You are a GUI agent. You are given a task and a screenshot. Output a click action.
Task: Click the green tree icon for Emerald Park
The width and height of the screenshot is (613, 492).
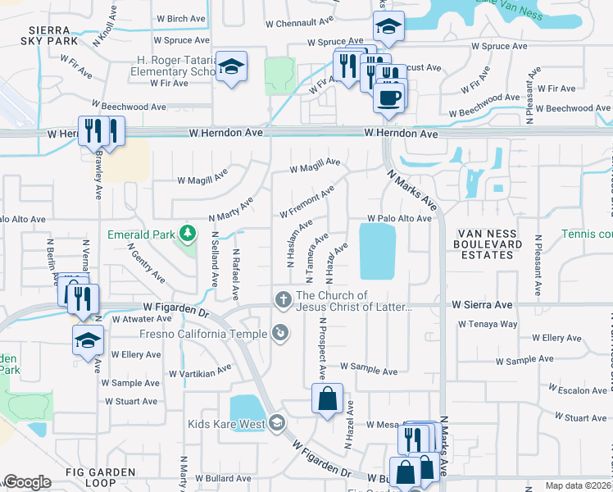(188, 235)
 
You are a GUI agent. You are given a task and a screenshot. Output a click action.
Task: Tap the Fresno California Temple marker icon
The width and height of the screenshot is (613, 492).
(281, 333)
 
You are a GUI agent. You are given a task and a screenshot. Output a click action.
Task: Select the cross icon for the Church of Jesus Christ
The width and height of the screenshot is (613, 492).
(283, 298)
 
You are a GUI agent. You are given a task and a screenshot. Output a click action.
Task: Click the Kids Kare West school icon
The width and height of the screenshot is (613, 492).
(277, 423)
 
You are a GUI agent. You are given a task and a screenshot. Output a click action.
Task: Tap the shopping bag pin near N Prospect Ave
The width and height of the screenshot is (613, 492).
(327, 399)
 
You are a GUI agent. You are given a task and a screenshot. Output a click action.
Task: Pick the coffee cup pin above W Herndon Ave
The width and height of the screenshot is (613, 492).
(388, 98)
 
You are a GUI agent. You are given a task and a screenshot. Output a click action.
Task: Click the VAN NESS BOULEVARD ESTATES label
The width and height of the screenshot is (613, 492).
(490, 244)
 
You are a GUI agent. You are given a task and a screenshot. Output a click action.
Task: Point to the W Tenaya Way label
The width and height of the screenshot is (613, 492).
(488, 324)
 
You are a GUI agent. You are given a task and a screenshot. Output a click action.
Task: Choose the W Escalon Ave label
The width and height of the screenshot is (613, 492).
(578, 390)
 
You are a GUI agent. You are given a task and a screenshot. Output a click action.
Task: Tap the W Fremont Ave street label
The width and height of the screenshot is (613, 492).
(307, 202)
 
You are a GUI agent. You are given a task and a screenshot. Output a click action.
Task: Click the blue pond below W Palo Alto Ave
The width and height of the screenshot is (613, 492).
(377, 251)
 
